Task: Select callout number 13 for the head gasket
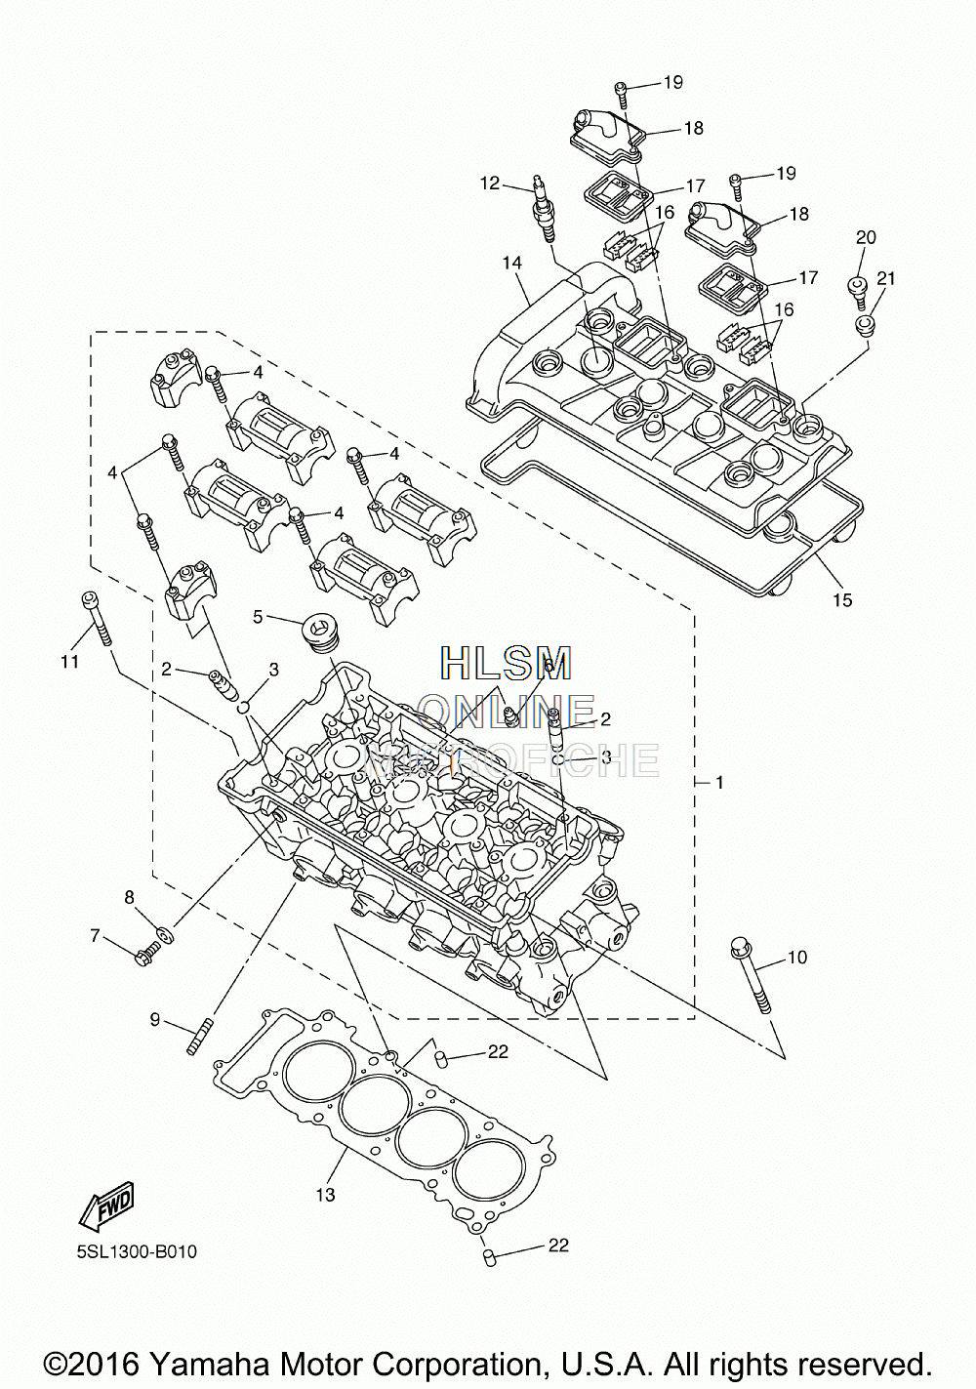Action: [325, 1194]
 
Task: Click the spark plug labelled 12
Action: [542, 213]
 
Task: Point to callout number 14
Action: [512, 263]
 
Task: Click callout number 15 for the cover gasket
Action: [842, 599]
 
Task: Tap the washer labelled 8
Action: [166, 934]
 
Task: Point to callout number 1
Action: [719, 783]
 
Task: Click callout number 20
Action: [866, 237]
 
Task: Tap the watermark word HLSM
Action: [506, 662]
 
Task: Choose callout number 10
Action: [797, 958]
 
